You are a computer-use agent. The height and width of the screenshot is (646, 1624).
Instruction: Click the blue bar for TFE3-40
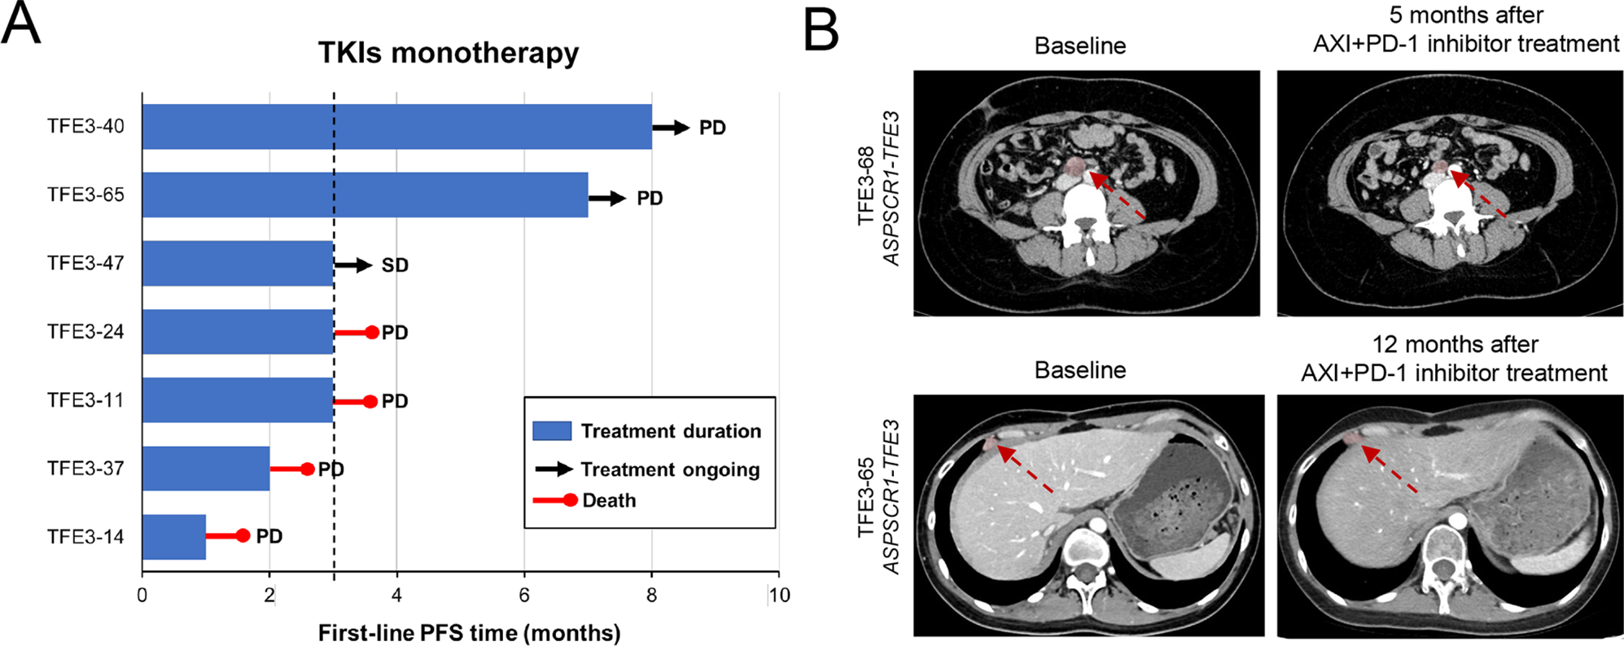pyautogui.click(x=396, y=127)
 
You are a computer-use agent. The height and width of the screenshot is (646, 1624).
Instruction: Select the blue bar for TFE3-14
pyautogui.click(x=173, y=537)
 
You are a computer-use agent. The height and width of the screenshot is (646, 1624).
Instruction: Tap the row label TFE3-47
pyautogui.click(x=85, y=264)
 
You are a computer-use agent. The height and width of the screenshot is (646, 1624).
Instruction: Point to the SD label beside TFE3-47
pyautogui.click(x=395, y=266)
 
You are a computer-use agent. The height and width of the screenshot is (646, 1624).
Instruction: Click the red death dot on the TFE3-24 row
pyautogui.click(x=372, y=332)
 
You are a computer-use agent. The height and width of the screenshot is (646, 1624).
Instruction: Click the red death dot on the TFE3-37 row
pyautogui.click(x=308, y=469)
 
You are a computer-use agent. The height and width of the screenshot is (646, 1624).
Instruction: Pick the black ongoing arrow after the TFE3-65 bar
pyautogui.click(x=607, y=198)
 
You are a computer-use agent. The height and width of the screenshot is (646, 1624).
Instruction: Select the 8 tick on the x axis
pyautogui.click(x=651, y=596)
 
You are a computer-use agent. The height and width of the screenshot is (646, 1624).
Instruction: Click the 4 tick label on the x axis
pyautogui.click(x=396, y=596)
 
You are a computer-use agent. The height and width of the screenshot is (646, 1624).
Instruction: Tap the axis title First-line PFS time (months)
pyautogui.click(x=469, y=633)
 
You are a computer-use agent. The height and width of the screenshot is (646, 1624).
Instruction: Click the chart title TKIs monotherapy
pyautogui.click(x=449, y=53)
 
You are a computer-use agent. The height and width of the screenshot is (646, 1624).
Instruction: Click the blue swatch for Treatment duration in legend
pyautogui.click(x=551, y=430)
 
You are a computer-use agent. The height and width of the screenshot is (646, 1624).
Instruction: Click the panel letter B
pyautogui.click(x=821, y=30)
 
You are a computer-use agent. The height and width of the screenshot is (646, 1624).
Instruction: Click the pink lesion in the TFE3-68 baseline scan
pyautogui.click(x=1075, y=167)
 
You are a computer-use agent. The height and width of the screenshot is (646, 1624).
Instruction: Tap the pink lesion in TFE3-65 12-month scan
pyautogui.click(x=1352, y=439)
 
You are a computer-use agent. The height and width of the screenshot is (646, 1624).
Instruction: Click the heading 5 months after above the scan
pyautogui.click(x=1466, y=15)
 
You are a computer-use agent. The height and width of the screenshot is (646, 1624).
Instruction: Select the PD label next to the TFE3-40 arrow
pyautogui.click(x=712, y=129)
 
